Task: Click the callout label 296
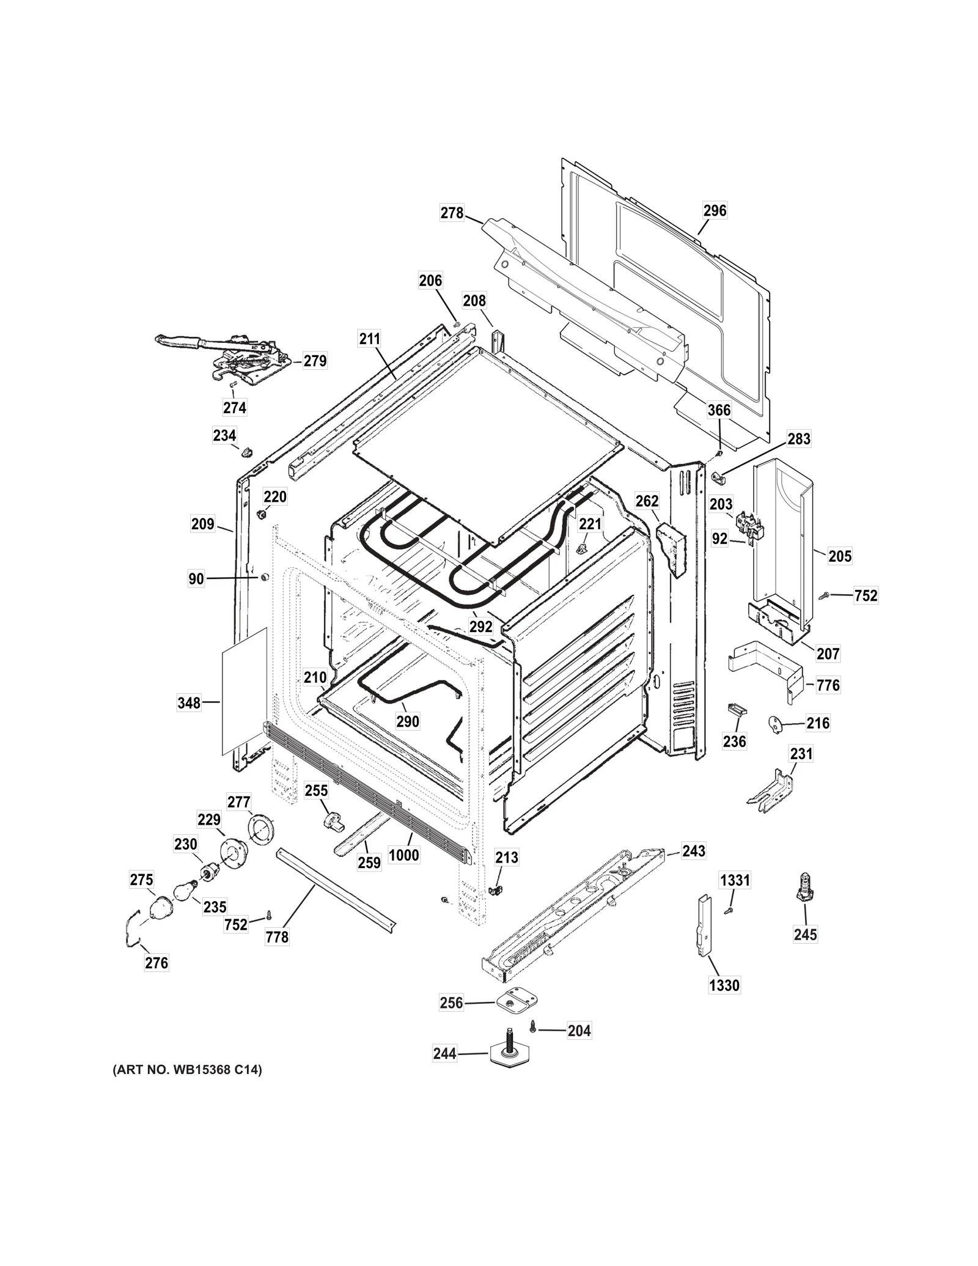[x=715, y=210]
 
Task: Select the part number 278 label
[x=452, y=213]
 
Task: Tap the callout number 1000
[x=404, y=855]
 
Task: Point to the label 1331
[x=735, y=880]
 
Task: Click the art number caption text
[x=186, y=1070]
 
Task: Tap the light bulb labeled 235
[x=185, y=891]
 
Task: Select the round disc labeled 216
[x=776, y=723]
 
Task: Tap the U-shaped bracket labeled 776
[x=767, y=669]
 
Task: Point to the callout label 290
[x=408, y=721]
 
